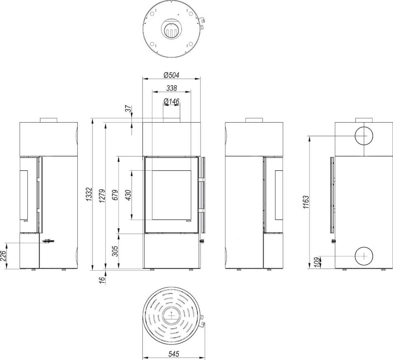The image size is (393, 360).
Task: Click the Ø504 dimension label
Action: coord(171,75)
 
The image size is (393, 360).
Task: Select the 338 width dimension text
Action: coord(172,88)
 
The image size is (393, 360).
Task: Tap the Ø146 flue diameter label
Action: coord(171,101)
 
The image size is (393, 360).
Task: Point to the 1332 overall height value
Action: coord(89,194)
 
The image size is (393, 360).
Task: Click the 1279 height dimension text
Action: coord(102,196)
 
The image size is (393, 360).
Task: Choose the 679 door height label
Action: coord(115,195)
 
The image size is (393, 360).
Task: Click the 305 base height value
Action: coord(115,251)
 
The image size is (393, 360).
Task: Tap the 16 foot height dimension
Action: coord(102,280)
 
